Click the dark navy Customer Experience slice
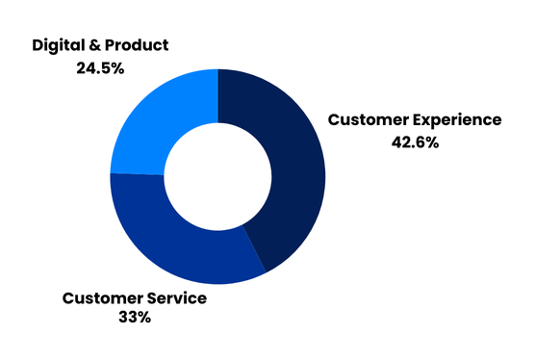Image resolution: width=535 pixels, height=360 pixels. point(296,170)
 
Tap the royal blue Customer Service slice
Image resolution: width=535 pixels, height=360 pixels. point(177,245)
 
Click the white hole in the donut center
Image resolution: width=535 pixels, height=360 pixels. point(217,176)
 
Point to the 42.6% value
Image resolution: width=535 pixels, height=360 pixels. point(415,142)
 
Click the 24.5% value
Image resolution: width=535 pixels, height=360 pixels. point(100,68)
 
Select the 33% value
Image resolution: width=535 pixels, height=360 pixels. point(135,317)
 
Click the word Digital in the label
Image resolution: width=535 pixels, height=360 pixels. point(59,45)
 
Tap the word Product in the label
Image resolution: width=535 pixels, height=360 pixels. point(137,45)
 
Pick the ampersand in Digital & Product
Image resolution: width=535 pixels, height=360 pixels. point(95,45)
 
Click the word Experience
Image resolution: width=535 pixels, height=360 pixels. point(457,120)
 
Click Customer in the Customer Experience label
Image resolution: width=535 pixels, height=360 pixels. point(369,119)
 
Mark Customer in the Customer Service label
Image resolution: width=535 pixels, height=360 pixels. point(103,297)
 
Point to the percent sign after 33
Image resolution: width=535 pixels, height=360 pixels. point(144,317)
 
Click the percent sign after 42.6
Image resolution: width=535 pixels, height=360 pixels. point(432,142)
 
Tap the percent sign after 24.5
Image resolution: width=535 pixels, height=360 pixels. point(117,68)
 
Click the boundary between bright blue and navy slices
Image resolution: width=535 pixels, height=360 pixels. point(218,96)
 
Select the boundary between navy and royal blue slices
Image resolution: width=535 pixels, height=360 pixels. point(254,248)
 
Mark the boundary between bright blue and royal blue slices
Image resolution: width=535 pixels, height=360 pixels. point(138,174)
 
